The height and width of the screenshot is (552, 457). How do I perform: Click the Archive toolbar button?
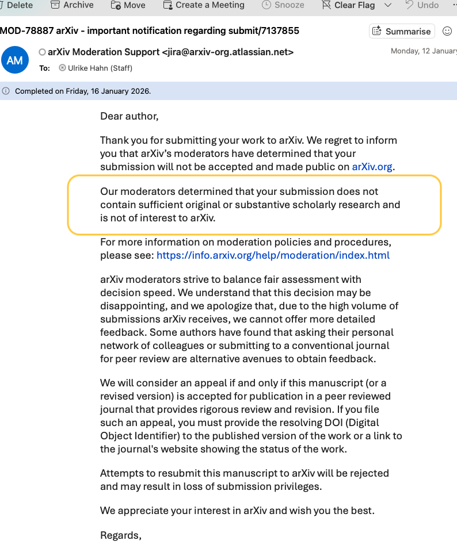(72, 5)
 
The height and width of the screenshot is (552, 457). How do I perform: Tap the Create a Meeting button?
(204, 5)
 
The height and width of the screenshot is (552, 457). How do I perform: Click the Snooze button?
(283, 5)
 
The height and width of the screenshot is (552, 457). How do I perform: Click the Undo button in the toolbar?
(422, 5)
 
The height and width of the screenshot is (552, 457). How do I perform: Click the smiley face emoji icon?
(447, 31)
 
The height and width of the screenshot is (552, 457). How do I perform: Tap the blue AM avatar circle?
(15, 60)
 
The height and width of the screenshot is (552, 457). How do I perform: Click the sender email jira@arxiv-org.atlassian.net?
(228, 52)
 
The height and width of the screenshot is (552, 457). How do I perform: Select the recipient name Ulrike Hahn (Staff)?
(100, 68)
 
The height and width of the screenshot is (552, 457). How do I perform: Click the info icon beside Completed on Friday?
(6, 91)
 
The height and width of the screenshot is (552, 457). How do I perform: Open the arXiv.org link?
(373, 167)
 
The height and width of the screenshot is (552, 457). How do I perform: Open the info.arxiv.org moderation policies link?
(273, 255)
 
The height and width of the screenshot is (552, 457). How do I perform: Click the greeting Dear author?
(129, 116)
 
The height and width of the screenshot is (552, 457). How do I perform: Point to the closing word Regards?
(120, 535)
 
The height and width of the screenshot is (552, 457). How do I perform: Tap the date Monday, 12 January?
(423, 51)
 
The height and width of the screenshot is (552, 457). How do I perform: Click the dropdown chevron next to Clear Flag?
(388, 5)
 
